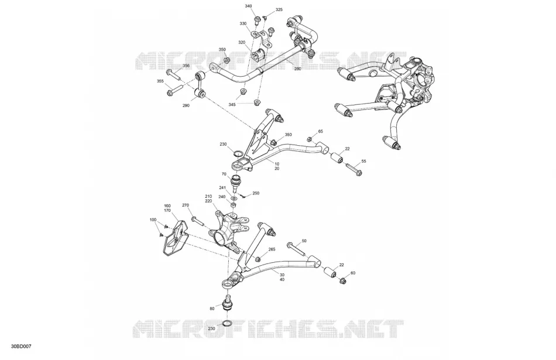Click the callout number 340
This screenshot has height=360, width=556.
[x=248, y=6]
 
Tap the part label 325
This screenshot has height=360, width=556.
[x=279, y=9]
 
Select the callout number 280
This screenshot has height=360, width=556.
[x=297, y=69]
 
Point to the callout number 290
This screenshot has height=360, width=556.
[x=186, y=105]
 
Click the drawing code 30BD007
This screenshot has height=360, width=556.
[x=21, y=346]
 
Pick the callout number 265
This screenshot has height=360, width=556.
[x=272, y=249]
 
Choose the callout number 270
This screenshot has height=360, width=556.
[x=186, y=205]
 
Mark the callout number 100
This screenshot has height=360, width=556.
[x=153, y=220]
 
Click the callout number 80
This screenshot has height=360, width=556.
[x=212, y=308]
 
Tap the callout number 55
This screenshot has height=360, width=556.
[x=363, y=161]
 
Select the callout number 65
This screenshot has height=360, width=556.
[x=321, y=131]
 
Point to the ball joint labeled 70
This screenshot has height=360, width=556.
[x=236, y=181]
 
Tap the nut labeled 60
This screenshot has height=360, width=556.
[x=342, y=281]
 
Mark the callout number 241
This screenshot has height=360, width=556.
[x=222, y=188]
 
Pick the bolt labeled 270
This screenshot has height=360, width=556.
[x=197, y=221]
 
